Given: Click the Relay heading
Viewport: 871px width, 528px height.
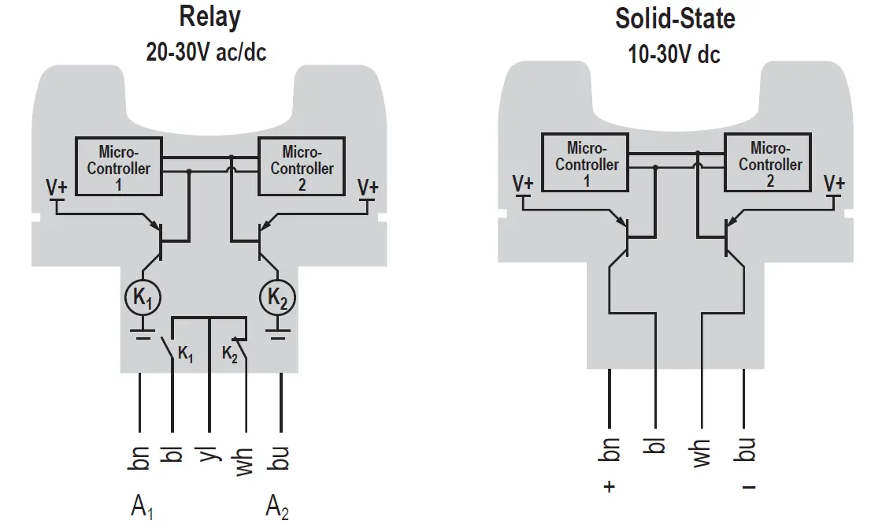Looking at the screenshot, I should tap(209, 17).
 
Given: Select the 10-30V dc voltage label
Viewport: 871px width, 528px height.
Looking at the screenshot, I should tap(674, 54).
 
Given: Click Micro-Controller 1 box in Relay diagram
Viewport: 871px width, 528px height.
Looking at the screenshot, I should tap(118, 167).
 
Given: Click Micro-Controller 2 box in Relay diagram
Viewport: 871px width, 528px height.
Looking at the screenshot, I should tap(302, 167).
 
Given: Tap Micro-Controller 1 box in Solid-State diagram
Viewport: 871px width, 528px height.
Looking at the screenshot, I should tap(586, 163).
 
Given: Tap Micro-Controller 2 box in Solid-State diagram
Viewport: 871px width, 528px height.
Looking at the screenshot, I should tap(769, 163).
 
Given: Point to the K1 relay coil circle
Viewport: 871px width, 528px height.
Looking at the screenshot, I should tap(143, 298).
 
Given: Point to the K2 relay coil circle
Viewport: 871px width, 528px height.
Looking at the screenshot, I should tap(278, 298).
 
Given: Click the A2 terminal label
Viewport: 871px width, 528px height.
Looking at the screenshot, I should tap(277, 506).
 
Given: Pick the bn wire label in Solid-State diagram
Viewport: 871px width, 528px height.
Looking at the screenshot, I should tap(609, 450).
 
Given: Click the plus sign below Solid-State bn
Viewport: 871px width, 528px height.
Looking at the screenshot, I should tap(609, 487).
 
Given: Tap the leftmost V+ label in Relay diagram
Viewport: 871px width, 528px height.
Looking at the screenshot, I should tap(57, 188).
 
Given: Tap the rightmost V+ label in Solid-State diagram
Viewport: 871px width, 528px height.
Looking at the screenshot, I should tap(834, 184).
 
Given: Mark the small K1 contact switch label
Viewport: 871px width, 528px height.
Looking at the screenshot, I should tap(185, 355).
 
